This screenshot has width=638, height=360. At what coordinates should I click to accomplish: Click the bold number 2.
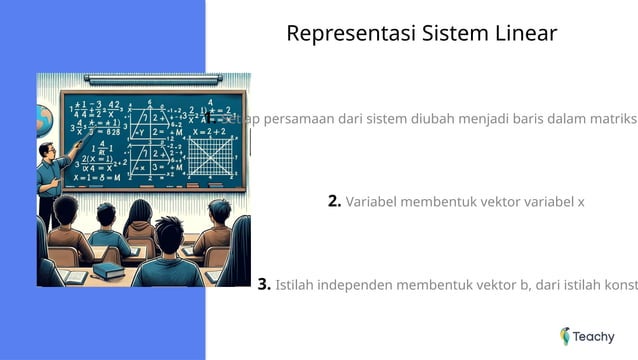tap(334, 201)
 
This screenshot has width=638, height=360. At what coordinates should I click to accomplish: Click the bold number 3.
tap(264, 284)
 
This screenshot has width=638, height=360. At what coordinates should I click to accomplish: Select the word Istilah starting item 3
tap(297, 284)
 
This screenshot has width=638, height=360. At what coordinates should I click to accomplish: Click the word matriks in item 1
tap(612, 118)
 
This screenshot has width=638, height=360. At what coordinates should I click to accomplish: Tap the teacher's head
tap(46, 151)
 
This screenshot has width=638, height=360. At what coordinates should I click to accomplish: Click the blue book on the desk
tap(107, 271)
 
